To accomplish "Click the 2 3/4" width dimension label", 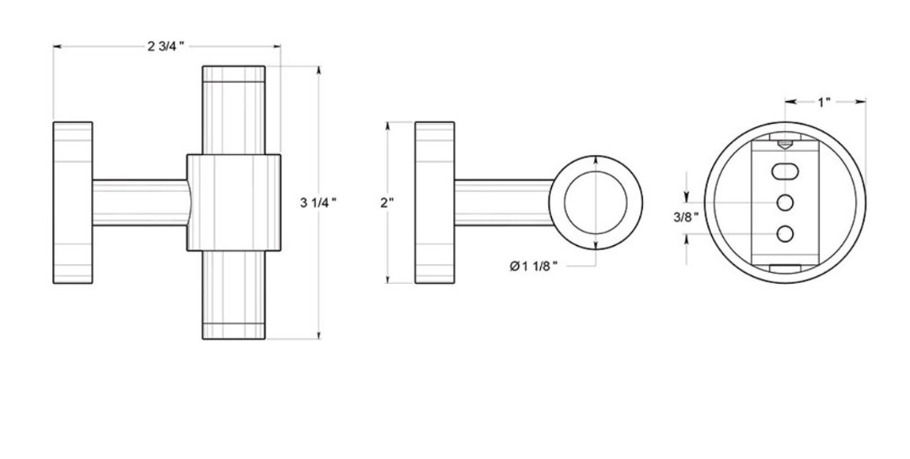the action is coord(165,46).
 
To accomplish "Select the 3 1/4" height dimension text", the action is coord(318,202).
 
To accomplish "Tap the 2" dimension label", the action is coord(387,202).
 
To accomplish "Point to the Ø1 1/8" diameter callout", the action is coord(533,266).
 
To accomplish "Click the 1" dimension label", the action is coord(824,103).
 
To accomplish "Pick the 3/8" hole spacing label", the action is coord(685,217).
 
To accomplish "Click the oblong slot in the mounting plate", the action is coord(784,171).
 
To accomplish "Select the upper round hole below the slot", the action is coord(784,202).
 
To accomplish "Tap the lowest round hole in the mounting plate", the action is coord(784,234).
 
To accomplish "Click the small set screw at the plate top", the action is coord(784,144).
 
